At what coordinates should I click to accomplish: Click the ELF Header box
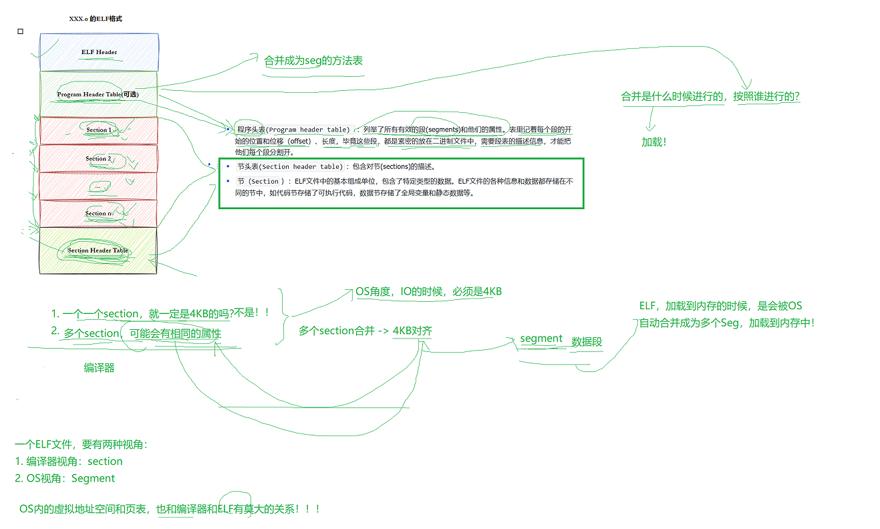click(99, 52)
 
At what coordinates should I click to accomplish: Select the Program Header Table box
click(99, 94)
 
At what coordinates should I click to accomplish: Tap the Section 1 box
click(99, 130)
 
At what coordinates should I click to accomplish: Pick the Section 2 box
click(98, 159)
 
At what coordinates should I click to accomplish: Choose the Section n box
click(98, 214)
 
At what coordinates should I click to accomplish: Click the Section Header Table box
click(98, 250)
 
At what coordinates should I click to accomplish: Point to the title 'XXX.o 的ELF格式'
click(96, 19)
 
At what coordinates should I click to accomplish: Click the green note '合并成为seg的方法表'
click(313, 61)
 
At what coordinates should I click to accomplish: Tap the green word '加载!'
click(654, 142)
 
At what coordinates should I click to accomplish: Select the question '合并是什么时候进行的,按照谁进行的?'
click(710, 97)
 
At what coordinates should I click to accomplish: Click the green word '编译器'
click(99, 367)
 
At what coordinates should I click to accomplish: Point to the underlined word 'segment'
click(541, 339)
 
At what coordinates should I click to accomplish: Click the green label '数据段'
click(587, 342)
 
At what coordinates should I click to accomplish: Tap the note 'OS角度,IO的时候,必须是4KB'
click(428, 291)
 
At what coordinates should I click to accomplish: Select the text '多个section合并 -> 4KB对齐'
click(365, 331)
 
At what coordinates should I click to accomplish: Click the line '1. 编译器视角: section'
click(69, 462)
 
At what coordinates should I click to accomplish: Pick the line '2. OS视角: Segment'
click(65, 478)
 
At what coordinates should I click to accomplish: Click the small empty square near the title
click(20, 31)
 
